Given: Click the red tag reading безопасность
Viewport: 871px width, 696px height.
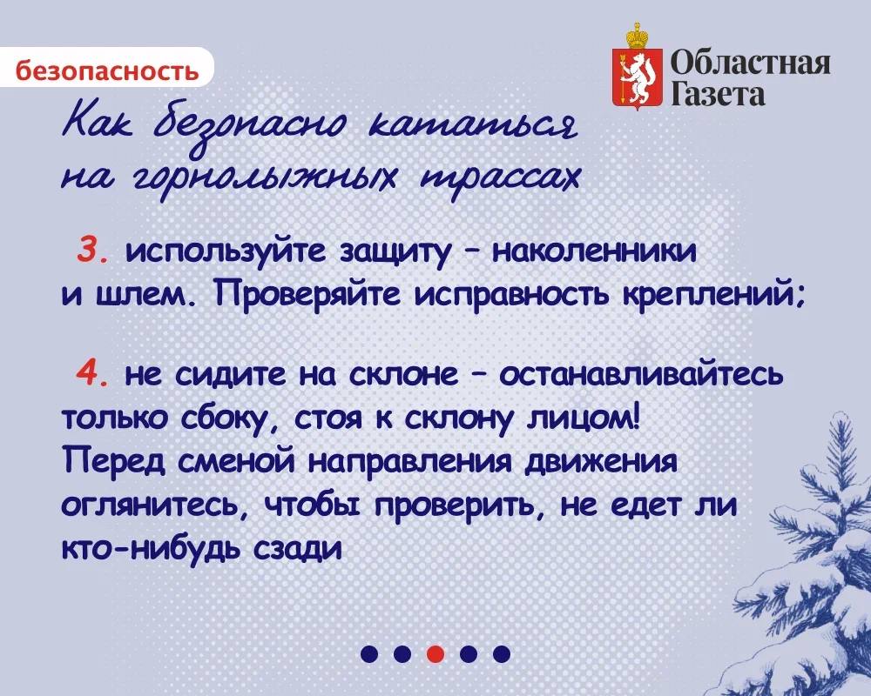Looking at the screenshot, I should pos(106,69).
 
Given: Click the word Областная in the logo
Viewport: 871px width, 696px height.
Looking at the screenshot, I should pos(751,62).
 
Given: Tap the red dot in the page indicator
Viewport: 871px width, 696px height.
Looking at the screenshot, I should pos(436,652).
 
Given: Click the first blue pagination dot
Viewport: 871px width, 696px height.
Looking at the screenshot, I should pos(369,652).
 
